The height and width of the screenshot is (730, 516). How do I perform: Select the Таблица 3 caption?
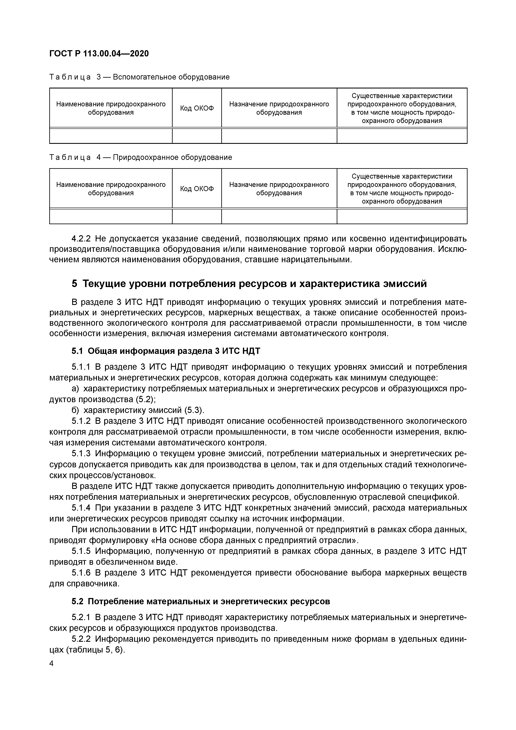[x=139, y=77]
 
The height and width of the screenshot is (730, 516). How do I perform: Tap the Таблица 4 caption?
[x=140, y=157]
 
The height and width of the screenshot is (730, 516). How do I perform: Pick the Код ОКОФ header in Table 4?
[x=197, y=189]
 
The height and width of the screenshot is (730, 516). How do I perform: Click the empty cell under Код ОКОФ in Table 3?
[x=197, y=136]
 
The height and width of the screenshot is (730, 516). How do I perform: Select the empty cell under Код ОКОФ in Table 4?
[x=197, y=216]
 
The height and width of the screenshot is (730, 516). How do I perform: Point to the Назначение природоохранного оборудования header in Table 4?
[x=279, y=189]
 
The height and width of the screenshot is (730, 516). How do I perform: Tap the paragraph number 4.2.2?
[x=81, y=239]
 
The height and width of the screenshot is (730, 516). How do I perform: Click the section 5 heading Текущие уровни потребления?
[x=249, y=284]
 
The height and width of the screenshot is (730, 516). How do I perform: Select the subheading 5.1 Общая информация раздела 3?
[x=166, y=351]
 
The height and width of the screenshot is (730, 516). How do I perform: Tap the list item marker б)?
[x=75, y=410]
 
